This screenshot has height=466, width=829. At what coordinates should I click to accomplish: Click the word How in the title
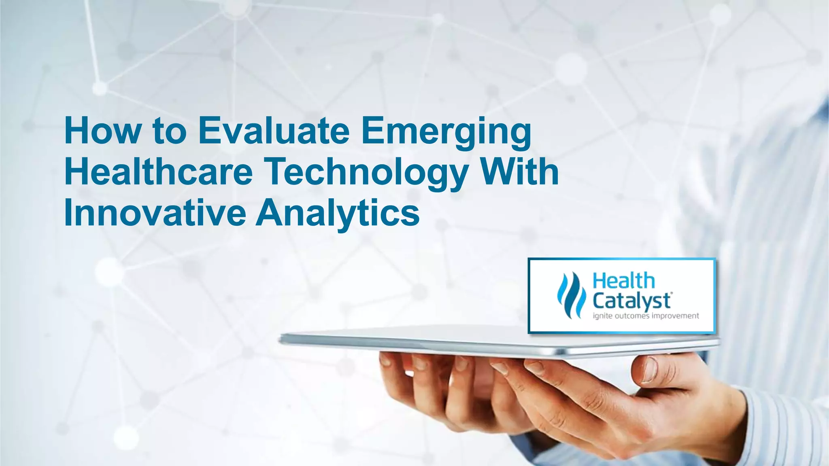[x=103, y=131]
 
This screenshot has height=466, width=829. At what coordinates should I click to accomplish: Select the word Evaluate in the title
[x=274, y=131]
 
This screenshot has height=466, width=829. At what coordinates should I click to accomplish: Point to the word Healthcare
[x=158, y=172]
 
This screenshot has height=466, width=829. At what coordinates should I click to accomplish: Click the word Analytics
[x=338, y=213]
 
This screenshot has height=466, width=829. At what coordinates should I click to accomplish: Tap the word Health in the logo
[x=623, y=281]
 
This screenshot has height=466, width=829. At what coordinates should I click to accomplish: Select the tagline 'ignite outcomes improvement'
[x=646, y=316]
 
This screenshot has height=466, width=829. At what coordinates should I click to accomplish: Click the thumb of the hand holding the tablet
[x=652, y=370]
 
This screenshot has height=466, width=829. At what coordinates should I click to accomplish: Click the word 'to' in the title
[x=170, y=131]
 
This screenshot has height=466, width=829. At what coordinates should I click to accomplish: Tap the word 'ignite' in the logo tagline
[x=602, y=316]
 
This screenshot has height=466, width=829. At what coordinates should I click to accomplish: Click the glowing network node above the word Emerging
[x=438, y=19]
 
